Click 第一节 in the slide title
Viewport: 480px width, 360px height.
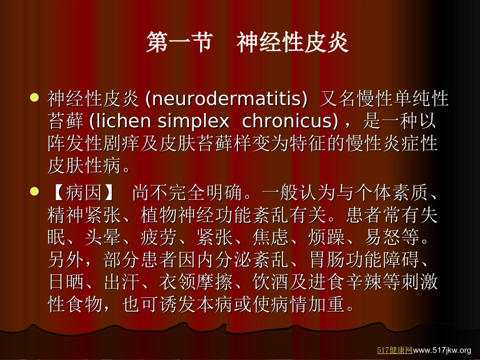tap(179, 43)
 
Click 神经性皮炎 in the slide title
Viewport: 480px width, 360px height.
tap(293, 43)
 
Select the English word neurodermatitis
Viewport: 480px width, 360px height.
tap(226, 99)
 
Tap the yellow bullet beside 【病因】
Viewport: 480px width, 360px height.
tap(35, 191)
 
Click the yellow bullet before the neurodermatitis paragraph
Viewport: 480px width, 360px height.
tap(35, 97)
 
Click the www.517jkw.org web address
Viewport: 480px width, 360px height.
tap(442, 349)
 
